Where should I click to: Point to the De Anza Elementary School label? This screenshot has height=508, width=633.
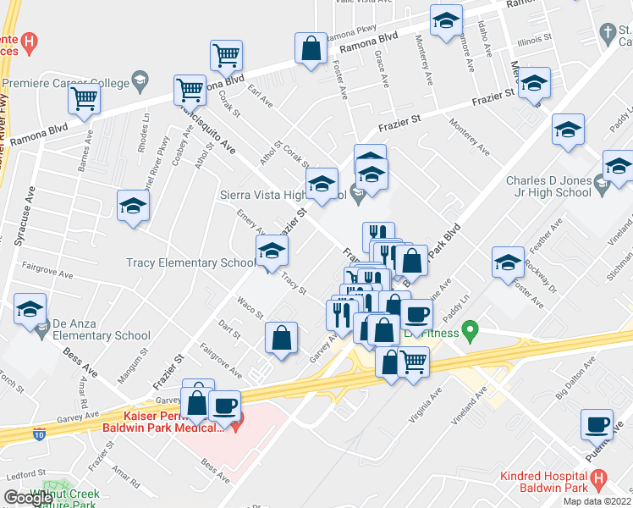coord(100,329)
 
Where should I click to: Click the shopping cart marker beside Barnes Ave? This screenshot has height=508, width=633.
coord(84,98)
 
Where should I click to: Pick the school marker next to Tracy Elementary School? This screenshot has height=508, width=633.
coord(272,251)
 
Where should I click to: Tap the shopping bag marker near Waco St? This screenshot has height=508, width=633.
coord(281,339)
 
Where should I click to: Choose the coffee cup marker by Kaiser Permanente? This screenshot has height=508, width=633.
coord(224,406)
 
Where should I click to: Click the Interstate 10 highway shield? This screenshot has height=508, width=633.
coord(39,433)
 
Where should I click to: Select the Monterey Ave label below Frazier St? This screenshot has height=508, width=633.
coord(471,138)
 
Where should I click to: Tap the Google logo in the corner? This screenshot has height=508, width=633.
coord(28,498)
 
